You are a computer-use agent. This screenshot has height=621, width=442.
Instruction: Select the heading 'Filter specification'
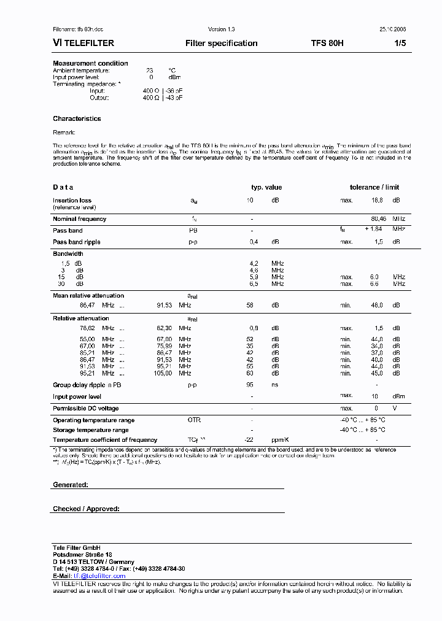(x=221, y=44)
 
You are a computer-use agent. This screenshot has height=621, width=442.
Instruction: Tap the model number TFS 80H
(x=327, y=44)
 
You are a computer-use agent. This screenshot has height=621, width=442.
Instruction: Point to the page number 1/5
(x=400, y=44)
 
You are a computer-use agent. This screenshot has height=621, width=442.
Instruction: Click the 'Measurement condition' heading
(x=90, y=63)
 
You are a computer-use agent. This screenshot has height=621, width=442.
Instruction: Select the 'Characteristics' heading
(x=77, y=118)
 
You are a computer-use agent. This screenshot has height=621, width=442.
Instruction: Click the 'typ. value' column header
(x=266, y=187)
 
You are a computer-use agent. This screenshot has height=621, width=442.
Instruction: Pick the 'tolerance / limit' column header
(x=374, y=187)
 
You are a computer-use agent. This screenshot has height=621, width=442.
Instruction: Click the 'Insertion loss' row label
(x=72, y=201)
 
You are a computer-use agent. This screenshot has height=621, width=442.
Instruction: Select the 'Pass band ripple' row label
(x=76, y=242)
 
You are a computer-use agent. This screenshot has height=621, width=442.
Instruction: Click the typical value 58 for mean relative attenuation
(x=250, y=305)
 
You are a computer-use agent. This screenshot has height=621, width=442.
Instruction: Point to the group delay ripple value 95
(x=250, y=385)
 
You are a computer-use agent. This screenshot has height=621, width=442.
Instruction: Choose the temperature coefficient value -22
(x=249, y=440)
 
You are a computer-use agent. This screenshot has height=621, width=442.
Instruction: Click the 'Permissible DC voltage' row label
(x=85, y=409)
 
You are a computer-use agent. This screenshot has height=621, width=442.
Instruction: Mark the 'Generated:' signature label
(x=70, y=485)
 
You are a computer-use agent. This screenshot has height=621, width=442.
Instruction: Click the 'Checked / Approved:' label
(x=86, y=509)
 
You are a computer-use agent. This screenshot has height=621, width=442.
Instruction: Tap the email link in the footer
(x=99, y=576)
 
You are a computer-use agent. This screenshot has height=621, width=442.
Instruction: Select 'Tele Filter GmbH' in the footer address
(x=77, y=547)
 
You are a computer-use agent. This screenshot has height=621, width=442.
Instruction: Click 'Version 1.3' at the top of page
(x=221, y=29)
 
